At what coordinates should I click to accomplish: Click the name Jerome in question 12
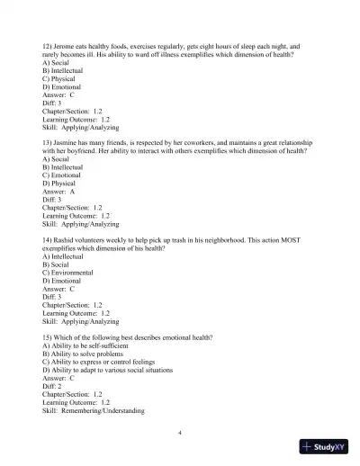pyautogui.click(x=69, y=44)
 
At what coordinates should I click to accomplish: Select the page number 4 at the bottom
pyautogui.click(x=180, y=433)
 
